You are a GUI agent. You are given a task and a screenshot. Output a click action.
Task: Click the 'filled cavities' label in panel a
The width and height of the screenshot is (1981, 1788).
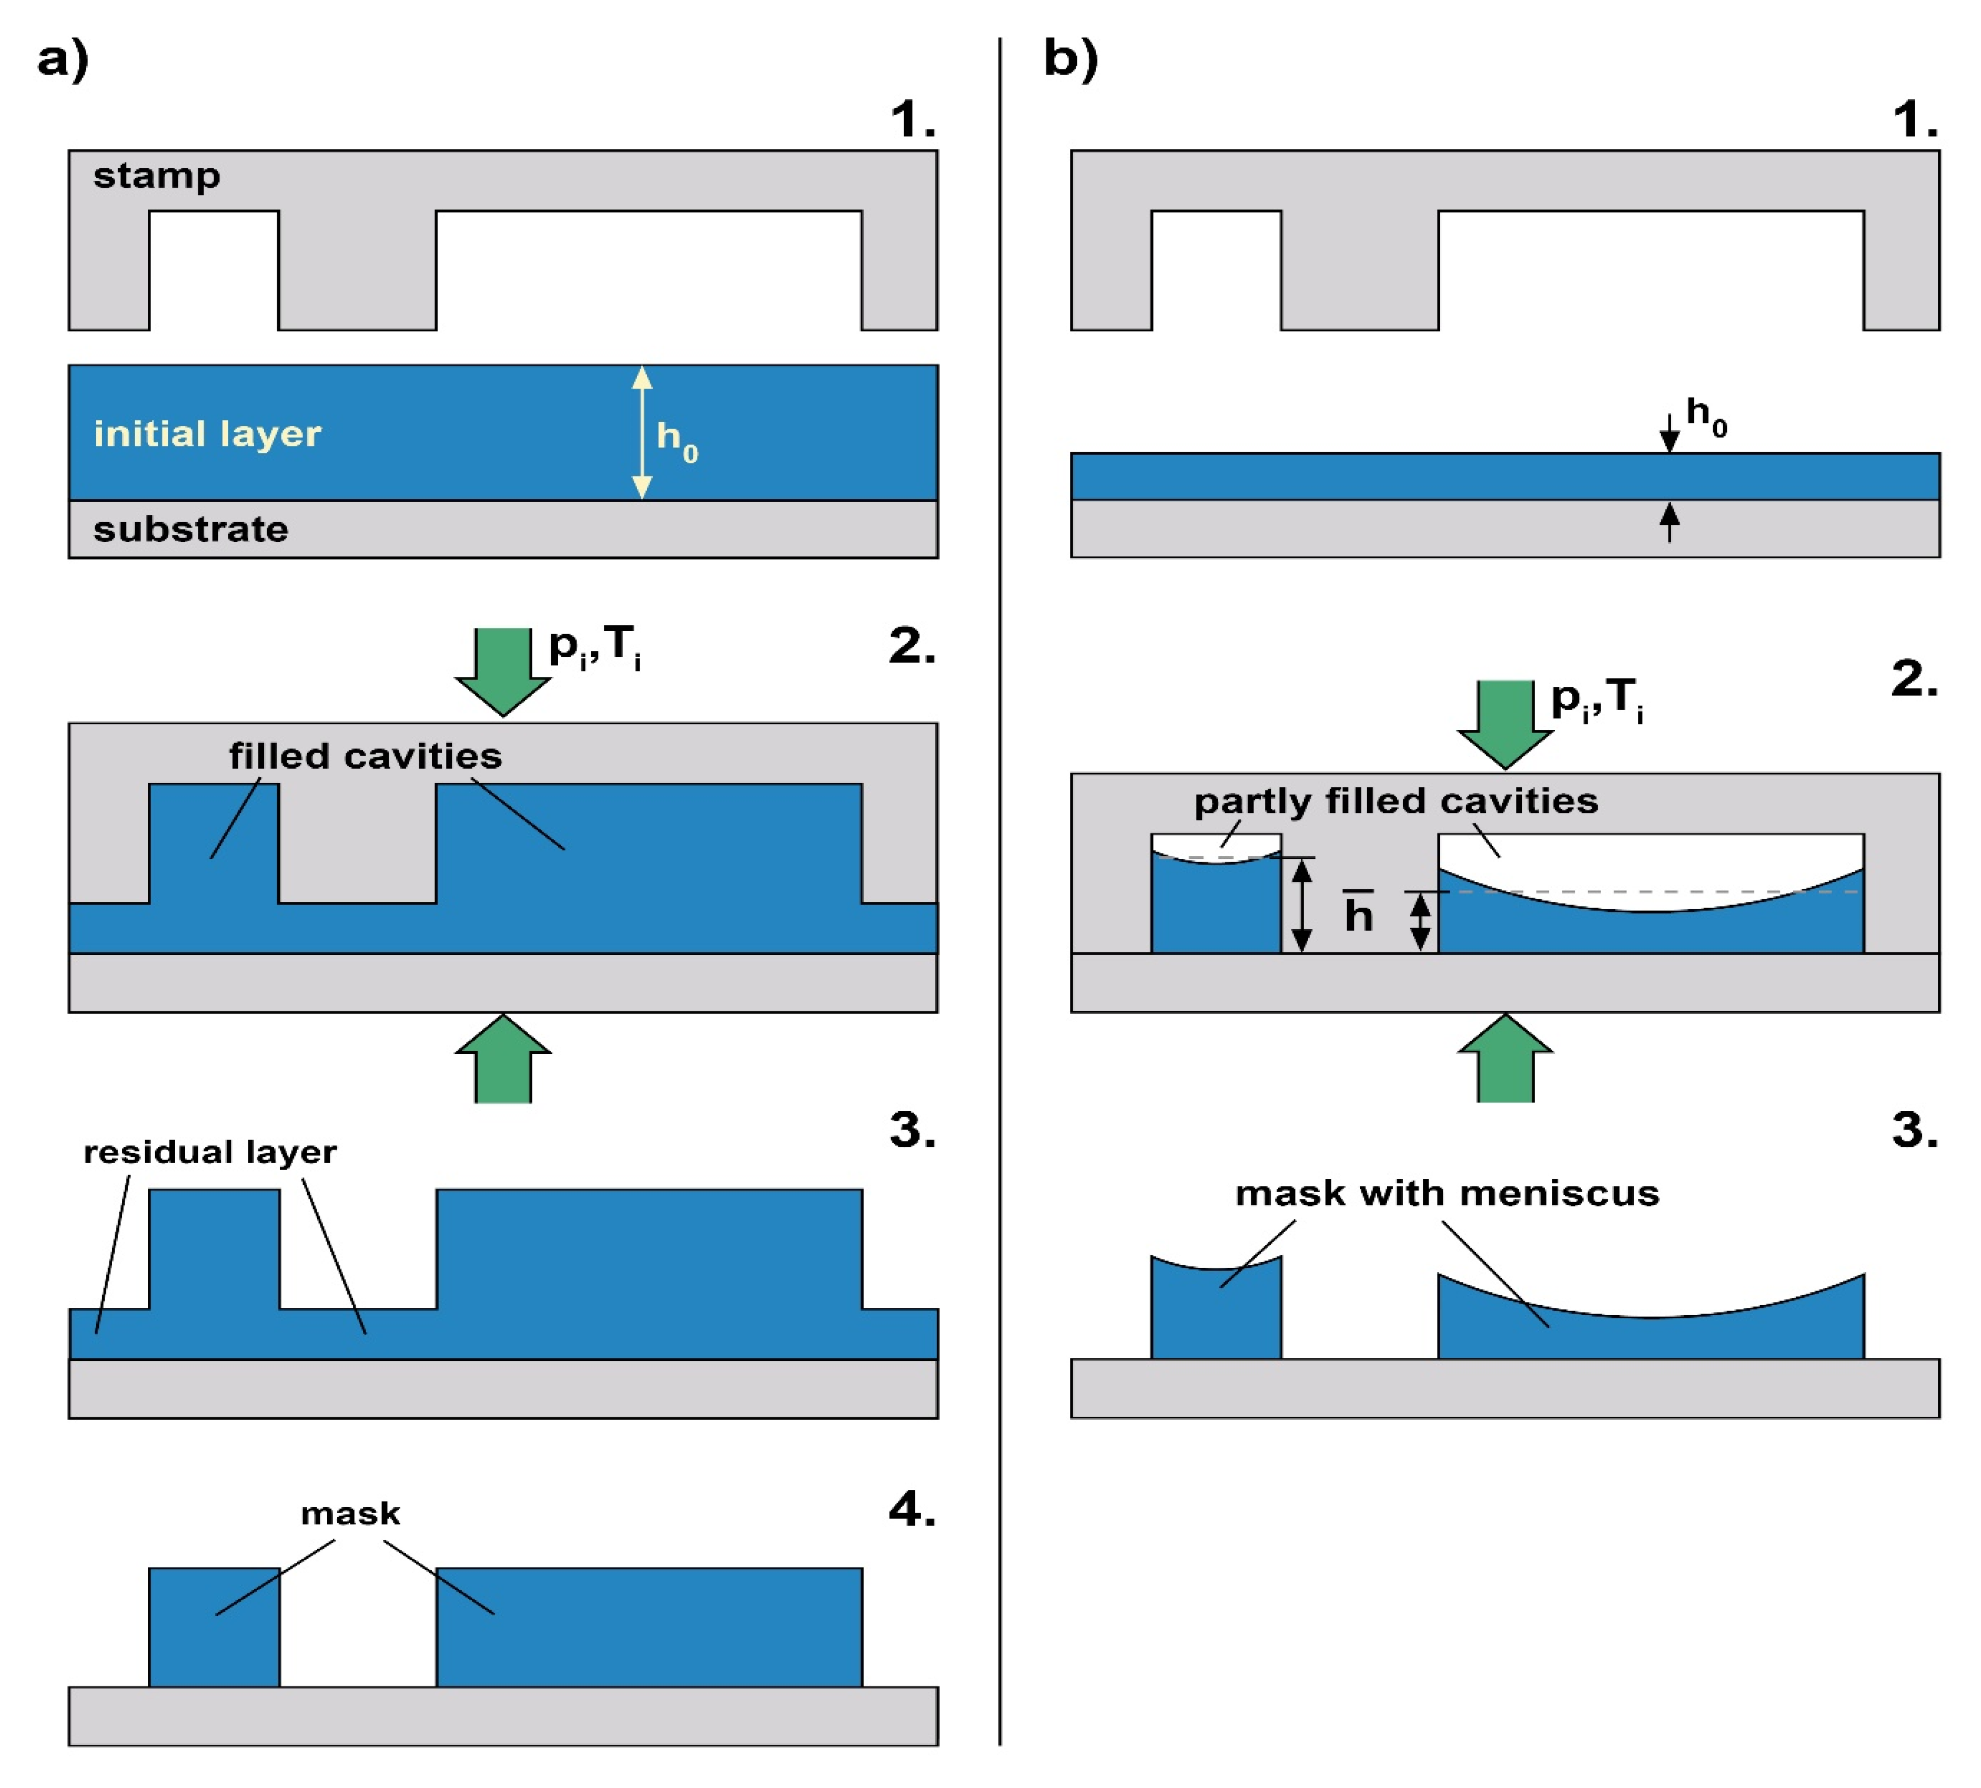click(x=366, y=756)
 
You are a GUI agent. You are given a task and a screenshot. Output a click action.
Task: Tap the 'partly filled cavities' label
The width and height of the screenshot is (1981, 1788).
click(x=1396, y=801)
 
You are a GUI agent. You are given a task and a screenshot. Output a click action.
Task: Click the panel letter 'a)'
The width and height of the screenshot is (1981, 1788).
click(x=63, y=59)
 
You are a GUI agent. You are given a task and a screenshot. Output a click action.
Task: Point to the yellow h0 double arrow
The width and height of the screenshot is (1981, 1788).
click(x=642, y=432)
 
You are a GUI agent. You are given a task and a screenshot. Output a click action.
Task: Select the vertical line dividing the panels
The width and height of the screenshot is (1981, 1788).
click(x=999, y=884)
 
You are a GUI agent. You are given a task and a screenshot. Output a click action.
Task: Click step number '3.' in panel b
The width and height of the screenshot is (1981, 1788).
click(x=1914, y=1130)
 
